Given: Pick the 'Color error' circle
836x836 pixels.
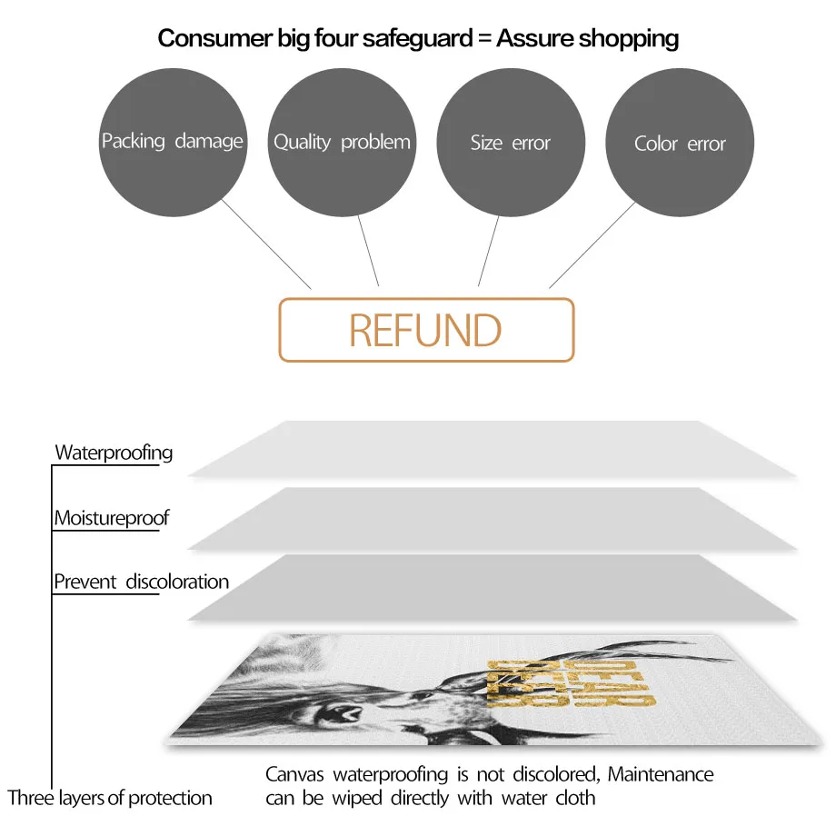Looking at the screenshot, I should click(680, 143).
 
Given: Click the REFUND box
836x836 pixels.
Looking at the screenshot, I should click(425, 330).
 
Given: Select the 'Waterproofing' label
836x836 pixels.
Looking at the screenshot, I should click(114, 453).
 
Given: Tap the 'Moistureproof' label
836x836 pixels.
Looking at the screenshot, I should click(111, 519).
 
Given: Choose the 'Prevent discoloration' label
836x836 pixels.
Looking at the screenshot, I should click(141, 582).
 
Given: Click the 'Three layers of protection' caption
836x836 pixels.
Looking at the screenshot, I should click(110, 799).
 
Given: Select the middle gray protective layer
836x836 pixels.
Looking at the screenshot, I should click(491, 518).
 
